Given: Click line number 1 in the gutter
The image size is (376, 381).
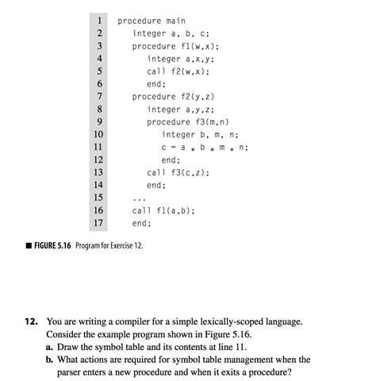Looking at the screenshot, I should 100,20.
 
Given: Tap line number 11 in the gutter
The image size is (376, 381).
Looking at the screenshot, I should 99,147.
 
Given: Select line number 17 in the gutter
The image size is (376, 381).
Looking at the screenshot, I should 99,223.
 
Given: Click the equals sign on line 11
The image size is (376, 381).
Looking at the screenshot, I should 172,148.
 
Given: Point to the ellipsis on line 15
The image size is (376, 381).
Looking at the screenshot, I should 140,198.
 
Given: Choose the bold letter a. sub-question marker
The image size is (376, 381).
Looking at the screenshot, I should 51,348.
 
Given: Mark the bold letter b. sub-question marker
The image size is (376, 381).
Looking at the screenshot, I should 51,360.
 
